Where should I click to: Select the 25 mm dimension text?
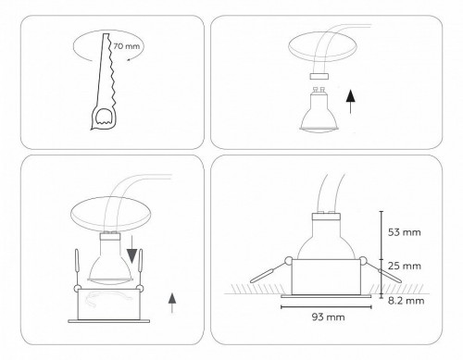[x=406, y=266]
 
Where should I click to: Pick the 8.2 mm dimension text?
[x=406, y=301]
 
